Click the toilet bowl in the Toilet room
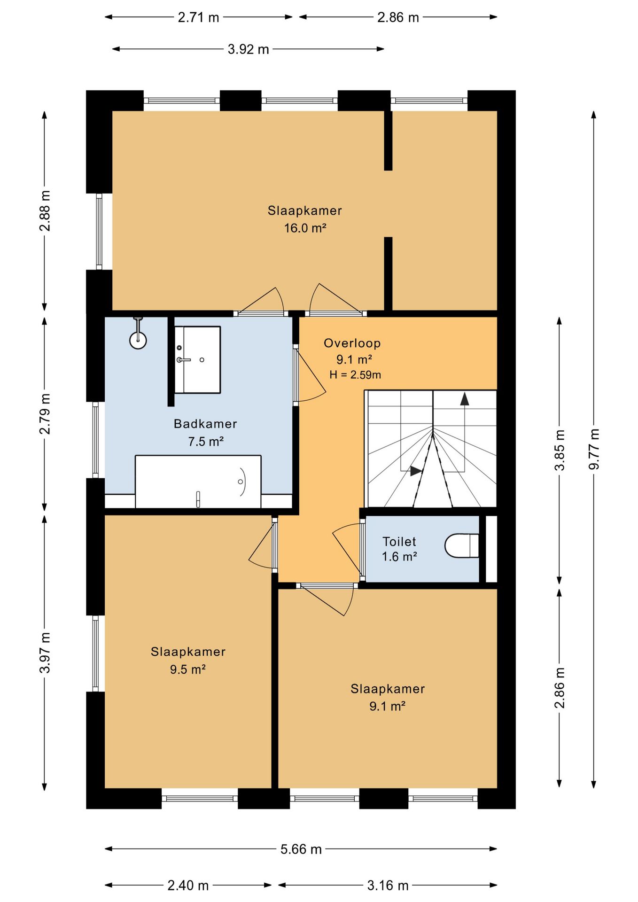click(461, 545)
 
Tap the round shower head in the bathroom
click(138, 340)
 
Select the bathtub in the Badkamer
click(198, 482)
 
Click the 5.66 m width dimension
click(301, 849)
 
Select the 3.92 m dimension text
click(248, 49)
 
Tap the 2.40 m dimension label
click(188, 885)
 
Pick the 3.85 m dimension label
click(560, 450)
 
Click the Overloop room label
click(352, 343)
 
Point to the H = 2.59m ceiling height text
click(355, 374)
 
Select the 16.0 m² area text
click(305, 228)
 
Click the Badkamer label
click(205, 424)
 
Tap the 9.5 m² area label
click(188, 669)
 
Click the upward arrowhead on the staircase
click(465, 399)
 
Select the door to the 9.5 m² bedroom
click(263, 544)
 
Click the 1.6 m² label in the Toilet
click(399, 557)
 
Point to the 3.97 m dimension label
click(45, 653)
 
